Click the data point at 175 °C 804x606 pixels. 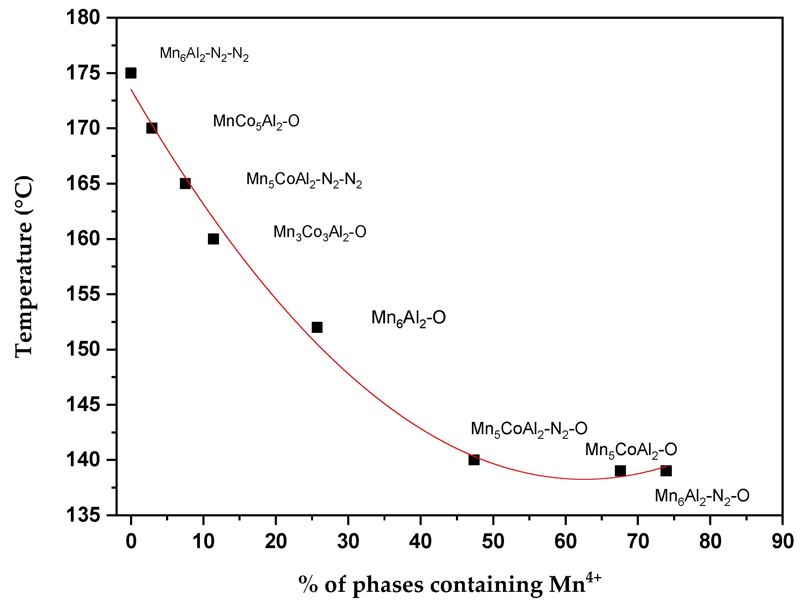(x=131, y=73)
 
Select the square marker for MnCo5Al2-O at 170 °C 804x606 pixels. (x=152, y=128)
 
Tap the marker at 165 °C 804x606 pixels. (x=185, y=184)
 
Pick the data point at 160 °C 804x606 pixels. (x=213, y=239)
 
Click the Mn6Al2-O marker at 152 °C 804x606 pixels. (x=317, y=327)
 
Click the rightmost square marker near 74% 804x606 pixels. (x=666, y=471)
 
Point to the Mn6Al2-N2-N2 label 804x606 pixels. (x=204, y=54)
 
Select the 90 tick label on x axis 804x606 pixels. (x=782, y=542)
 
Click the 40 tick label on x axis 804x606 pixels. (x=420, y=542)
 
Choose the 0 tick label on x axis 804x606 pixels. (x=131, y=542)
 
